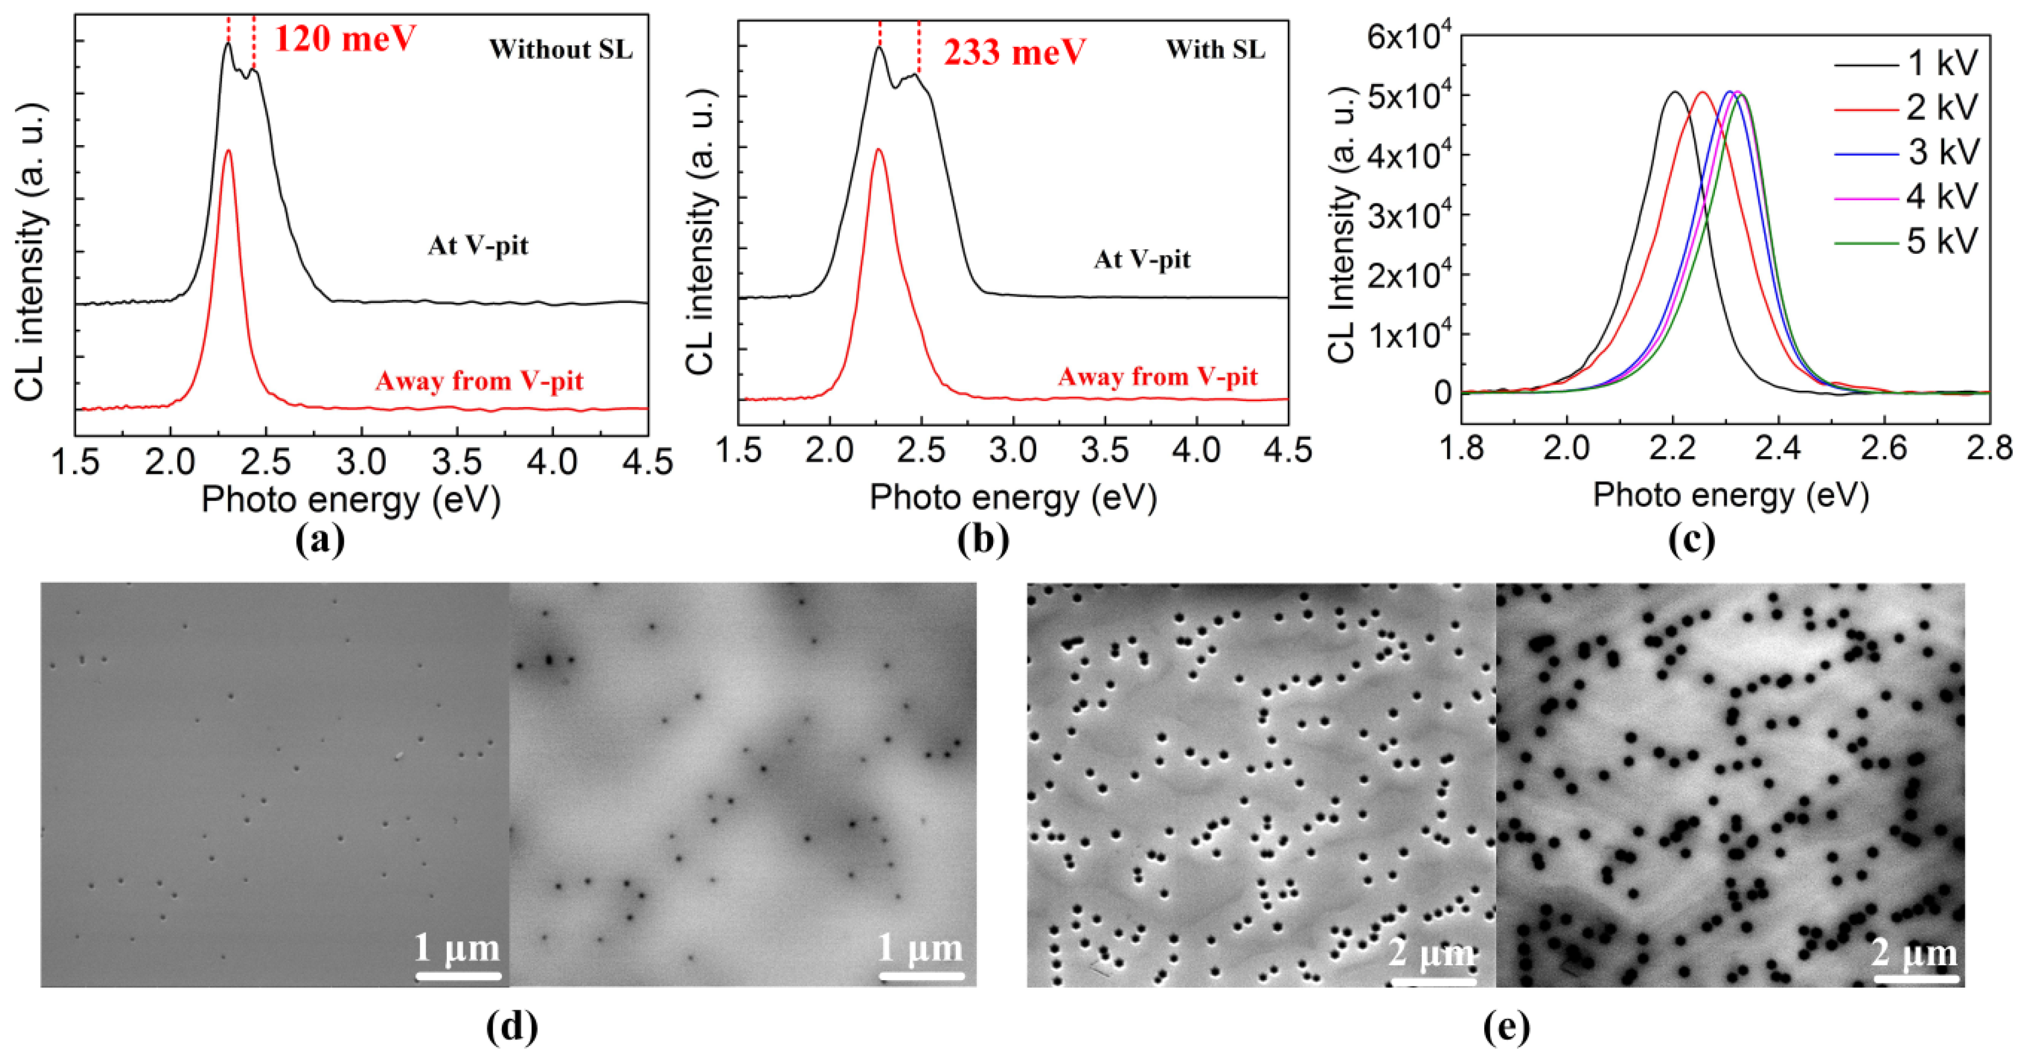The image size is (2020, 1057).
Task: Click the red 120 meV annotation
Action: pyautogui.click(x=344, y=38)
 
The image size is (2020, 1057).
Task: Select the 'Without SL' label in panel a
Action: pyautogui.click(x=561, y=50)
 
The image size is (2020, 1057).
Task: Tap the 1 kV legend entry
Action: pyautogui.click(x=1941, y=63)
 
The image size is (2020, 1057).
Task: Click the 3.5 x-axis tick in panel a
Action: pyautogui.click(x=457, y=463)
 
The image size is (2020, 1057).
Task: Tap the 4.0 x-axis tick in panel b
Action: pyautogui.click(x=1197, y=451)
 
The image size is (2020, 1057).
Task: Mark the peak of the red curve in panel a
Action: pyautogui.click(x=228, y=151)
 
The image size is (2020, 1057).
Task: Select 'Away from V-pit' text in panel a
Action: pyautogui.click(x=479, y=381)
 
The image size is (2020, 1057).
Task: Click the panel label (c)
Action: pyautogui.click(x=1692, y=540)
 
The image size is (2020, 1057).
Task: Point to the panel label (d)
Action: pyautogui.click(x=512, y=1026)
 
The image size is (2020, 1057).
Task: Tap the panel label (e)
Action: pyautogui.click(x=1507, y=1026)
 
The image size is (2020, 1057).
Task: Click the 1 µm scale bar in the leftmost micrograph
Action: pyautogui.click(x=458, y=976)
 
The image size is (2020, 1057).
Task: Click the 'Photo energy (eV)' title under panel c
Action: pyautogui.click(x=1731, y=495)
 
